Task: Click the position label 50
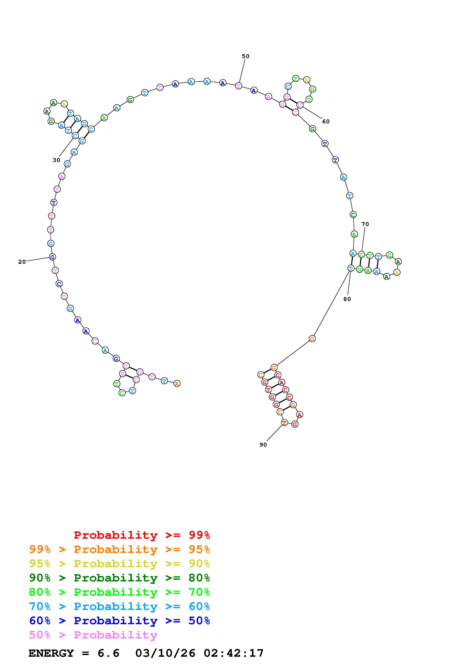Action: [245, 56]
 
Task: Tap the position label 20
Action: [22, 262]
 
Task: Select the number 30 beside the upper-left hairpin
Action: [56, 160]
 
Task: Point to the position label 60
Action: [326, 121]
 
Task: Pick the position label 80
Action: [347, 299]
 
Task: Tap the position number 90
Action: [263, 445]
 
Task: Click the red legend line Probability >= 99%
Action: [142, 535]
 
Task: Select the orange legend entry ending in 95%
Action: [120, 549]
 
